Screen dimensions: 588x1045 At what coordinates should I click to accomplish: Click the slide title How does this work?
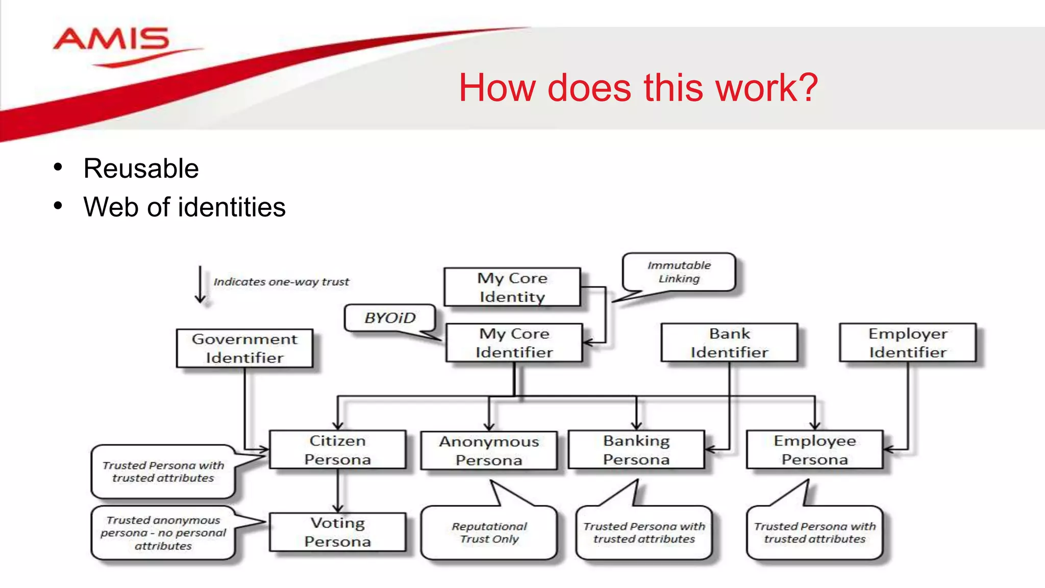638,88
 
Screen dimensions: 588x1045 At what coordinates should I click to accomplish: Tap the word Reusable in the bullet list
141,168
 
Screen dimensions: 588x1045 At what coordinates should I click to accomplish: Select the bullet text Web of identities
184,207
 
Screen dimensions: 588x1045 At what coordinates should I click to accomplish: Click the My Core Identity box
512,287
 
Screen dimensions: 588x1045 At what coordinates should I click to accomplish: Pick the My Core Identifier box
514,343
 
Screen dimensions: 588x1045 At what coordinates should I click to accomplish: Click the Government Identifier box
244,348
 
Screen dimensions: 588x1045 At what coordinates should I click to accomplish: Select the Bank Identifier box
729,343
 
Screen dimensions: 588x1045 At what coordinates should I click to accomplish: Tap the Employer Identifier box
908,343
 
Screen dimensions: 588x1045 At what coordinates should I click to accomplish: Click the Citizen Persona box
337,450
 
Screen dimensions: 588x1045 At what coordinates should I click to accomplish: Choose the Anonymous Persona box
489,451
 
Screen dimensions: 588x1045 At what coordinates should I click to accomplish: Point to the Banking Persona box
636,450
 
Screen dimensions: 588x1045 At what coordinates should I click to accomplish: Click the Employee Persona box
814,450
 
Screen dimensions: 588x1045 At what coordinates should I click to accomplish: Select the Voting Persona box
337,532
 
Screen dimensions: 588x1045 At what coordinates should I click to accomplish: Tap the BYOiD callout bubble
390,318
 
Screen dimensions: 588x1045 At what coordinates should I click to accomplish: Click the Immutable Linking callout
679,272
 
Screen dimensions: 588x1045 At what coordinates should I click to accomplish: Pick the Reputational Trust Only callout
489,532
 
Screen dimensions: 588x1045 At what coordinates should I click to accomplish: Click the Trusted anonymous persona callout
163,533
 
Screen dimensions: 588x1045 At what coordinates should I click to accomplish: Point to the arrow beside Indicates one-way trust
201,285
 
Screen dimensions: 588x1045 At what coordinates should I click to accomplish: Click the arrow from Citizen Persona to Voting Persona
338,490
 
